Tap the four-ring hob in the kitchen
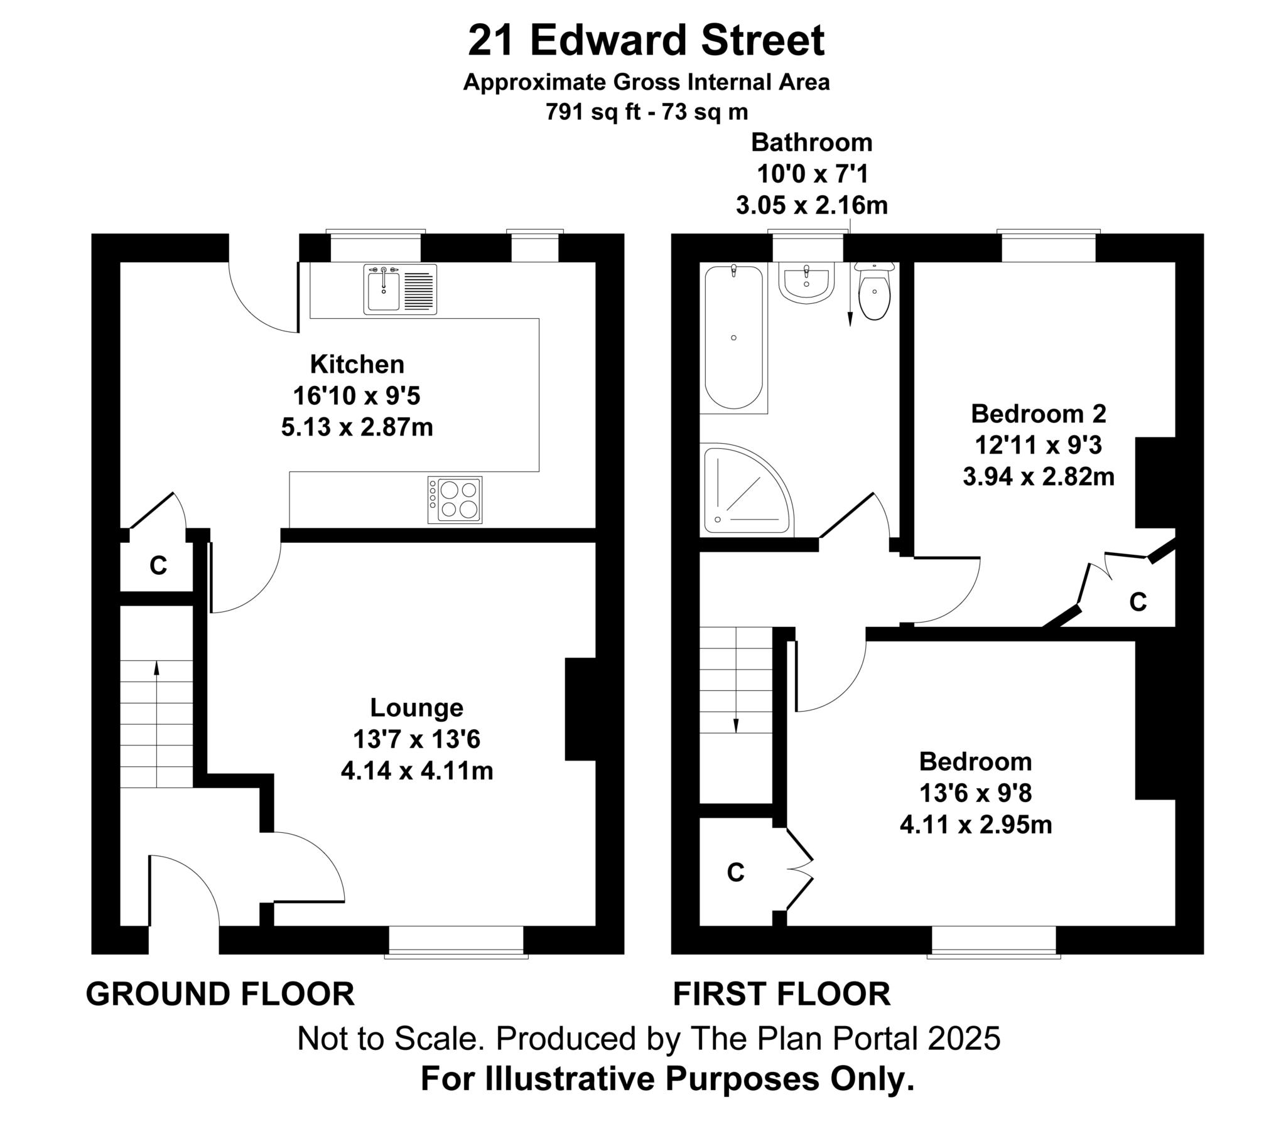(455, 500)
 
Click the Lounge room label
(416, 708)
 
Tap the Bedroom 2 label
(1038, 414)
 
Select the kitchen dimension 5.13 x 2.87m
(357, 428)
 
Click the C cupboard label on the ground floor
(158, 566)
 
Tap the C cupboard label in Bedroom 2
(1138, 602)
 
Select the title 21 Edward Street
(646, 41)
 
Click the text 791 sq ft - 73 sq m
(646, 112)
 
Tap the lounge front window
(456, 941)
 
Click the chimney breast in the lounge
(580, 710)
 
